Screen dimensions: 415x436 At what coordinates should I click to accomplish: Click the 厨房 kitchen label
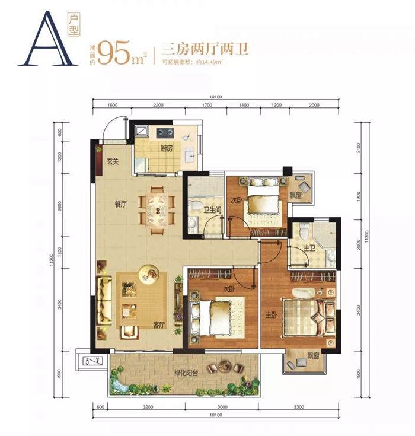click(x=167, y=148)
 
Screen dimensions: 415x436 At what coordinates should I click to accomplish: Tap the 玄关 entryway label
click(x=113, y=161)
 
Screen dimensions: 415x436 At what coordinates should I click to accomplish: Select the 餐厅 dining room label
click(x=120, y=205)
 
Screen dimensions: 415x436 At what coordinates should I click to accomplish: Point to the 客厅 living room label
click(x=159, y=325)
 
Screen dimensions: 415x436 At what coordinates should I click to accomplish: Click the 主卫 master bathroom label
click(x=309, y=247)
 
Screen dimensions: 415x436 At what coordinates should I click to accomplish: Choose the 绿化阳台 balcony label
click(x=186, y=373)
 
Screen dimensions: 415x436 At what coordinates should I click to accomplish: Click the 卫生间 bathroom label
click(x=212, y=209)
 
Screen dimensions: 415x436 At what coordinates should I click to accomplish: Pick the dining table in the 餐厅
click(x=157, y=211)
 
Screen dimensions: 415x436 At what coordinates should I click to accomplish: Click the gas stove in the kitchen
click(x=165, y=133)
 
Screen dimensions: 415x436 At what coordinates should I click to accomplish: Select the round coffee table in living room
click(x=149, y=274)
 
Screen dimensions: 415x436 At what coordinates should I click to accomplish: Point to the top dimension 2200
click(x=158, y=105)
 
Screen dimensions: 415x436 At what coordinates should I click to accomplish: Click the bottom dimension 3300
click(x=299, y=407)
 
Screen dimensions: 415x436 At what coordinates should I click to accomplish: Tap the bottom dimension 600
click(x=100, y=407)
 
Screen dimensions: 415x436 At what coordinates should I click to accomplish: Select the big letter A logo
click(x=47, y=39)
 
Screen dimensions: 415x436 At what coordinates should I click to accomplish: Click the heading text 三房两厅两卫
click(x=205, y=49)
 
